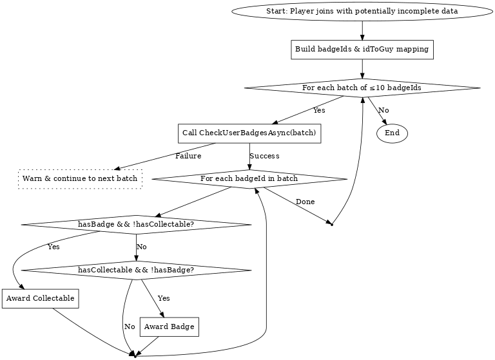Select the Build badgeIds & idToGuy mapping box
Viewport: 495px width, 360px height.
(x=362, y=50)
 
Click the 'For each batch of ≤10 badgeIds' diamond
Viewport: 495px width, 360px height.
(x=362, y=88)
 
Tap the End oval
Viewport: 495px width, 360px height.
(x=392, y=133)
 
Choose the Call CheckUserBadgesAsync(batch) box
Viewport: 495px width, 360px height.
(x=249, y=133)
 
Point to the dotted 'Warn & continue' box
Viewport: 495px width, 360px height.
(x=80, y=178)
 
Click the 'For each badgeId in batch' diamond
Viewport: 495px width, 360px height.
(x=249, y=178)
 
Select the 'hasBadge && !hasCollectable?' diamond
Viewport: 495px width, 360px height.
(x=136, y=224)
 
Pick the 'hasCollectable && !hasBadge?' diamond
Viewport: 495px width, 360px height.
(x=136, y=270)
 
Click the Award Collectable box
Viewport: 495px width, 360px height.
(x=40, y=299)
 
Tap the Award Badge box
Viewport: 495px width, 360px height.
(x=169, y=327)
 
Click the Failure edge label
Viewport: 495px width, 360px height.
(x=188, y=156)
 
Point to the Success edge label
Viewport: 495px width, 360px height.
(x=264, y=156)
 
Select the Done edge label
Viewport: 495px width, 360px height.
(x=305, y=202)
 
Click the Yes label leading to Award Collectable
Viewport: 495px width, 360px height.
(x=53, y=247)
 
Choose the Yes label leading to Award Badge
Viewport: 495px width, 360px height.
(x=164, y=299)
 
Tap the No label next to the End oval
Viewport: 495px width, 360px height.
(x=383, y=111)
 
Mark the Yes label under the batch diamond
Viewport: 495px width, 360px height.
(x=319, y=111)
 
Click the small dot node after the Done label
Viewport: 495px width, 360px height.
(x=331, y=225)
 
